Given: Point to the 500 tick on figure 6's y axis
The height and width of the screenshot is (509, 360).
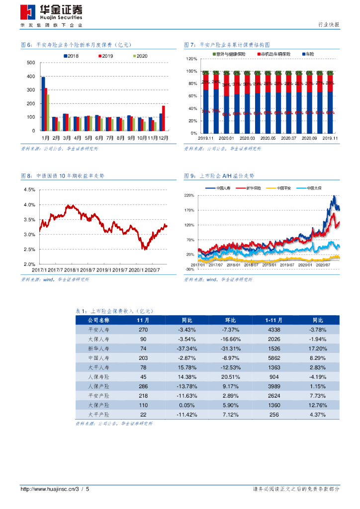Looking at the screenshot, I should click(x=31, y=63).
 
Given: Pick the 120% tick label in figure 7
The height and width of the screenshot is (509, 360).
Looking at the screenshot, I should click(x=192, y=59).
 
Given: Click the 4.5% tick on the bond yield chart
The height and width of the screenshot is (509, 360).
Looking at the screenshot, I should click(x=29, y=190).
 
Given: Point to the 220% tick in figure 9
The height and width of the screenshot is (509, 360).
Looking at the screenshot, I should click(x=189, y=195).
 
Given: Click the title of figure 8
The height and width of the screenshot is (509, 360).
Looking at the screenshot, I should click(x=63, y=176).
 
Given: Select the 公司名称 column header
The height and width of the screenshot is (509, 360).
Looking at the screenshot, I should click(x=98, y=320).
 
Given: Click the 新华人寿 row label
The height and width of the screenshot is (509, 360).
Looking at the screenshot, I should click(x=98, y=348).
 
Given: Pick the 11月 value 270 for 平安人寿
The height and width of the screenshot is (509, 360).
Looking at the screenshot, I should click(x=143, y=330).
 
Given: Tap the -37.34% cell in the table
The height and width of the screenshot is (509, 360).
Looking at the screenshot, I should click(x=187, y=348).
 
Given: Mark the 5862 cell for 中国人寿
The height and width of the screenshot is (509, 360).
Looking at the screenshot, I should click(x=273, y=358).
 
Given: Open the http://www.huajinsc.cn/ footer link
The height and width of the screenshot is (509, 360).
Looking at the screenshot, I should click(x=47, y=489).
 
